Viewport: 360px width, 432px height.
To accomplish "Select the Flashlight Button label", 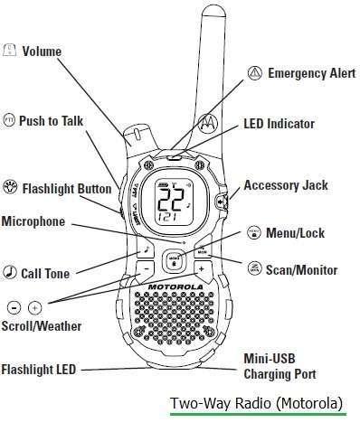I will point(66,189).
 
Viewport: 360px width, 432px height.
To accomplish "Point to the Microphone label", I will point(33,220).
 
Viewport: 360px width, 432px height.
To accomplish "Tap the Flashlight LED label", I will point(40,370).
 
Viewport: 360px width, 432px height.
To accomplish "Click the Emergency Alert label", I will point(311,73).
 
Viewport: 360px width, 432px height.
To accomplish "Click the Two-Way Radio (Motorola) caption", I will point(257,402).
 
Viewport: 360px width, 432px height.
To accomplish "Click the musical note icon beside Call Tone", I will point(10,272).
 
